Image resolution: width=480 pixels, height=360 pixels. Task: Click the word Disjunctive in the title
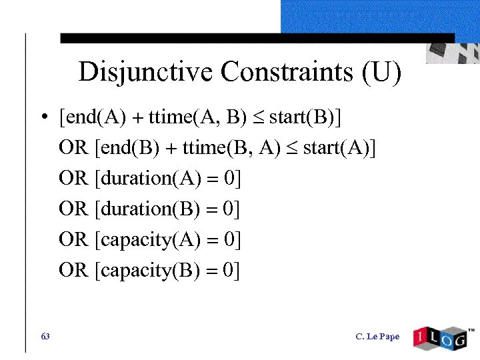coord(147,71)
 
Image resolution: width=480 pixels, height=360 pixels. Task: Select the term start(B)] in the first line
coord(304,118)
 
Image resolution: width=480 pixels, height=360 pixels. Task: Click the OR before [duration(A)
coord(73,179)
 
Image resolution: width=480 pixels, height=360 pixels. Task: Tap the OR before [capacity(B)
coord(73,270)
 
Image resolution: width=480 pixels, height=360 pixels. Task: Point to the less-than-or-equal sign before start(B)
coord(258,119)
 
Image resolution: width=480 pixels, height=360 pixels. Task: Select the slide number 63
coord(45,336)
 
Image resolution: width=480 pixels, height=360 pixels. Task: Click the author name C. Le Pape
coord(377,337)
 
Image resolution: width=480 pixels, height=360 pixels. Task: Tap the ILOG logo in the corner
coord(440,337)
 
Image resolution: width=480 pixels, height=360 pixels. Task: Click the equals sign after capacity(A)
coord(212,240)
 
